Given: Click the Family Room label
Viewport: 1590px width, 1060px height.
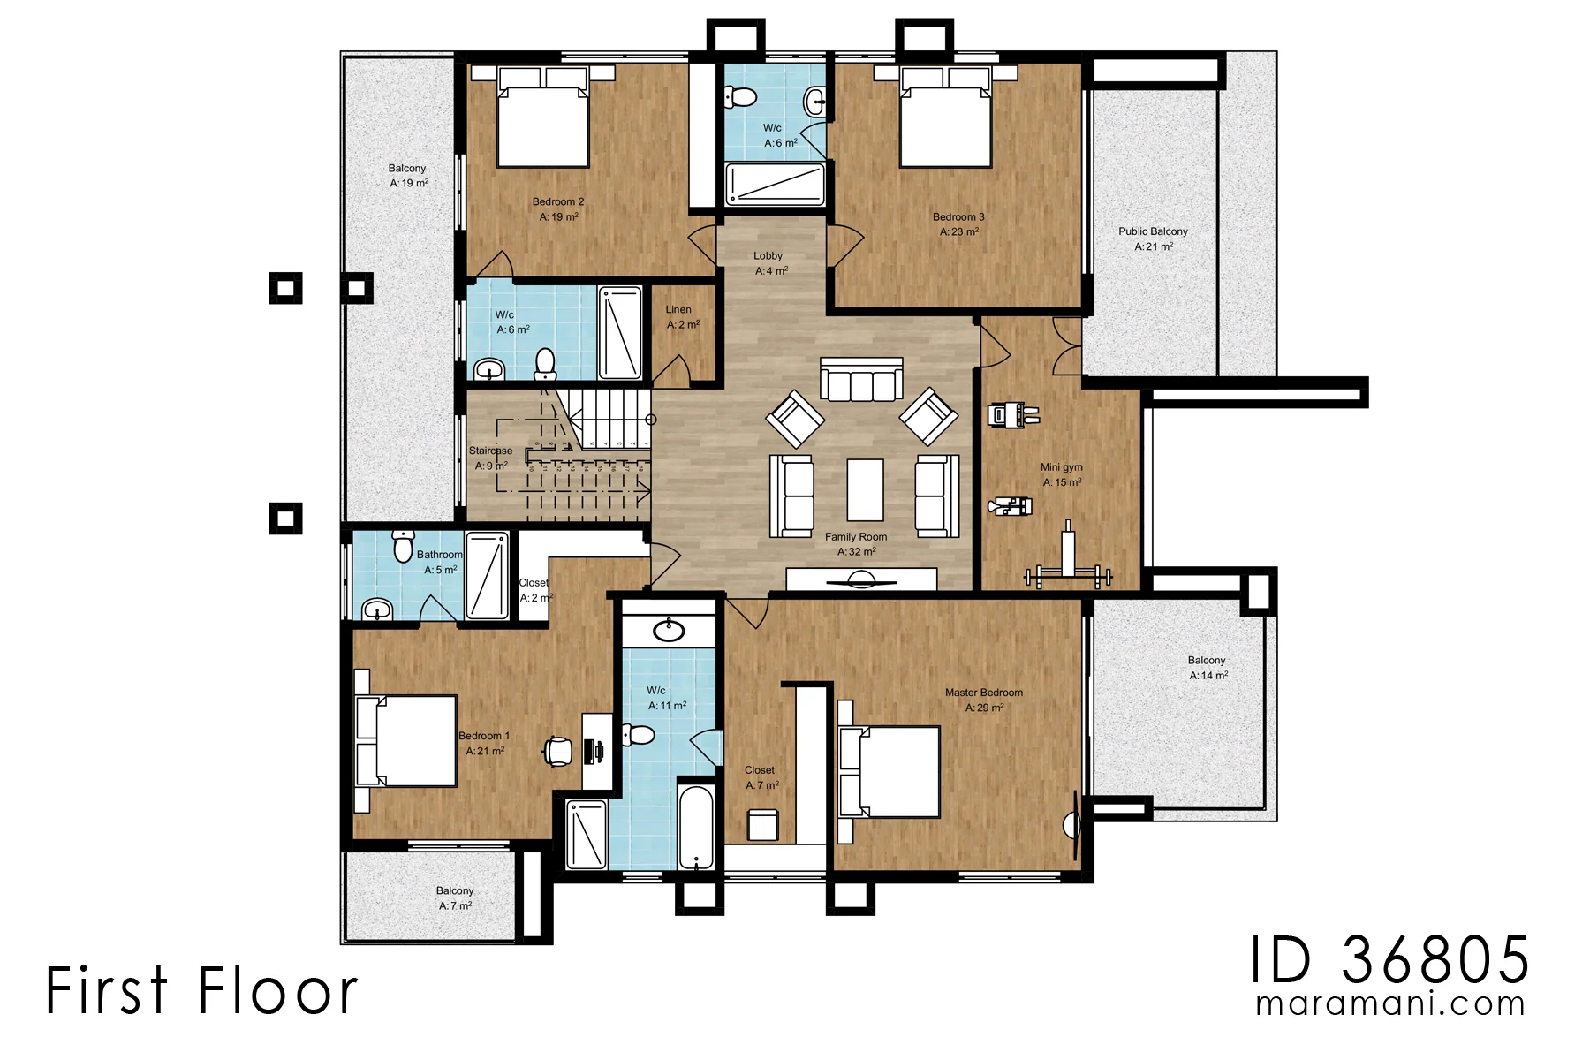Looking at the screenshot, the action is tap(856, 537).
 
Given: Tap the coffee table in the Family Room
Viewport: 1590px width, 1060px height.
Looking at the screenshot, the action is tap(865, 489).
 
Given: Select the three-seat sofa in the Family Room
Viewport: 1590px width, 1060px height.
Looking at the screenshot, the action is tap(861, 379).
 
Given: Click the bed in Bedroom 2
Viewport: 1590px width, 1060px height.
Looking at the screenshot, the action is tap(542, 117).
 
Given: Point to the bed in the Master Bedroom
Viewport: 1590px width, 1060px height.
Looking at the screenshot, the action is tap(889, 771).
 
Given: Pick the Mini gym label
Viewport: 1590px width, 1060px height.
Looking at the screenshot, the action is tap(1062, 467).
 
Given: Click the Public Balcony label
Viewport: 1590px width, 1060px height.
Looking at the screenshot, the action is tap(1153, 231).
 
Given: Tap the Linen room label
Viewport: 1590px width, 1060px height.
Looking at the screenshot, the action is tap(678, 309).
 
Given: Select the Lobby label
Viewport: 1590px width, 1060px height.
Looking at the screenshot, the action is tap(768, 256).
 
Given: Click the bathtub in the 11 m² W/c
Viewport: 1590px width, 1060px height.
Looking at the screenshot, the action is tap(696, 827).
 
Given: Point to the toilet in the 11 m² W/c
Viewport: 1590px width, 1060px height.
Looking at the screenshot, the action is tap(637, 735).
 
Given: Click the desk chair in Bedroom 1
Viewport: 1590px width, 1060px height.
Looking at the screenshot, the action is tap(557, 752).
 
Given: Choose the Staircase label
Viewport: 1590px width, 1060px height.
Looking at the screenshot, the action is tap(490, 450).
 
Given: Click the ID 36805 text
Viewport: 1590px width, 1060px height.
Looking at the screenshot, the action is tap(1389, 959).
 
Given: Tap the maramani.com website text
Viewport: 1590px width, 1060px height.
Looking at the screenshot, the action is tap(1390, 1003).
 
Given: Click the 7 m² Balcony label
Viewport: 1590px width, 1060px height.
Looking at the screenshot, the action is tap(455, 891).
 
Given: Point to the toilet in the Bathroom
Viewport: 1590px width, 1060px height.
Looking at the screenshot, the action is tap(403, 545).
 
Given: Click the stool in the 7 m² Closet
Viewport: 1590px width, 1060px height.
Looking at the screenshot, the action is tap(762, 824).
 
